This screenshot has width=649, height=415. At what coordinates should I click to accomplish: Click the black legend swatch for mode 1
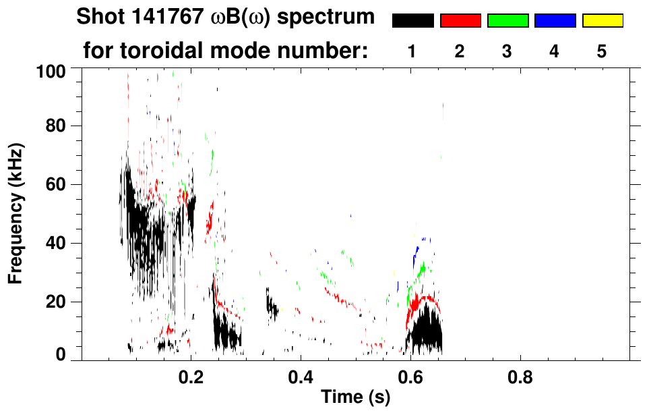pos(412,21)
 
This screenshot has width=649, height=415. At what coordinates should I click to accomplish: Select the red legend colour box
pos(460,21)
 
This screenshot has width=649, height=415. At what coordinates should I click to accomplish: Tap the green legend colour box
pos(507,21)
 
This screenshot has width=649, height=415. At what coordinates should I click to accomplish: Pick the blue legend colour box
pos(555,21)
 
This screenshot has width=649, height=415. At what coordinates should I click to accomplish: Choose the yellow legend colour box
pos(602,21)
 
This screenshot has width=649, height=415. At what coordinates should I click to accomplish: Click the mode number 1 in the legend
pos(412,51)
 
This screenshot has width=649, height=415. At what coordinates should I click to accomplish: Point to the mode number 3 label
pos(507,51)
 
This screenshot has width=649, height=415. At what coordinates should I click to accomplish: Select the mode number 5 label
pos(602,51)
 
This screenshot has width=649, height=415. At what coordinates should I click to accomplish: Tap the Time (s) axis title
pos(354,398)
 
